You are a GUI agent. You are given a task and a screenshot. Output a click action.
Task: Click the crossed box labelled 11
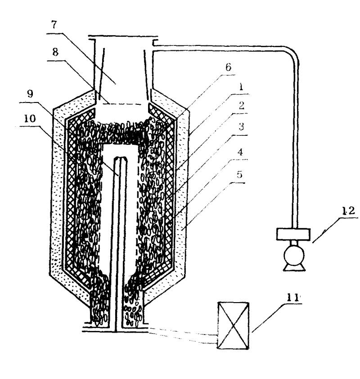click(233, 325)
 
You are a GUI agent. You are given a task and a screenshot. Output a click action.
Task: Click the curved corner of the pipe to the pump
click(292, 49)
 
